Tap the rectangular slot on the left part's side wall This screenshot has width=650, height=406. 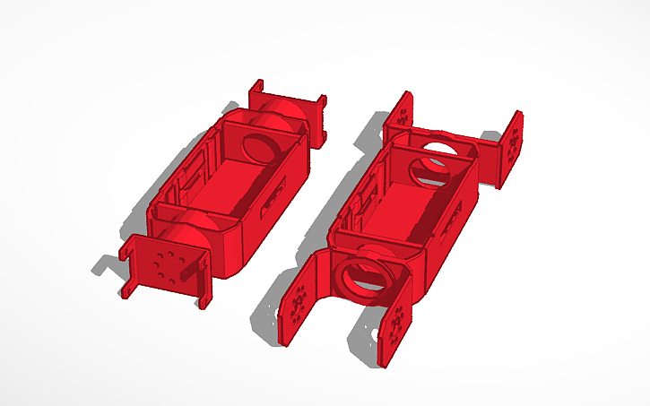point(273,200)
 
